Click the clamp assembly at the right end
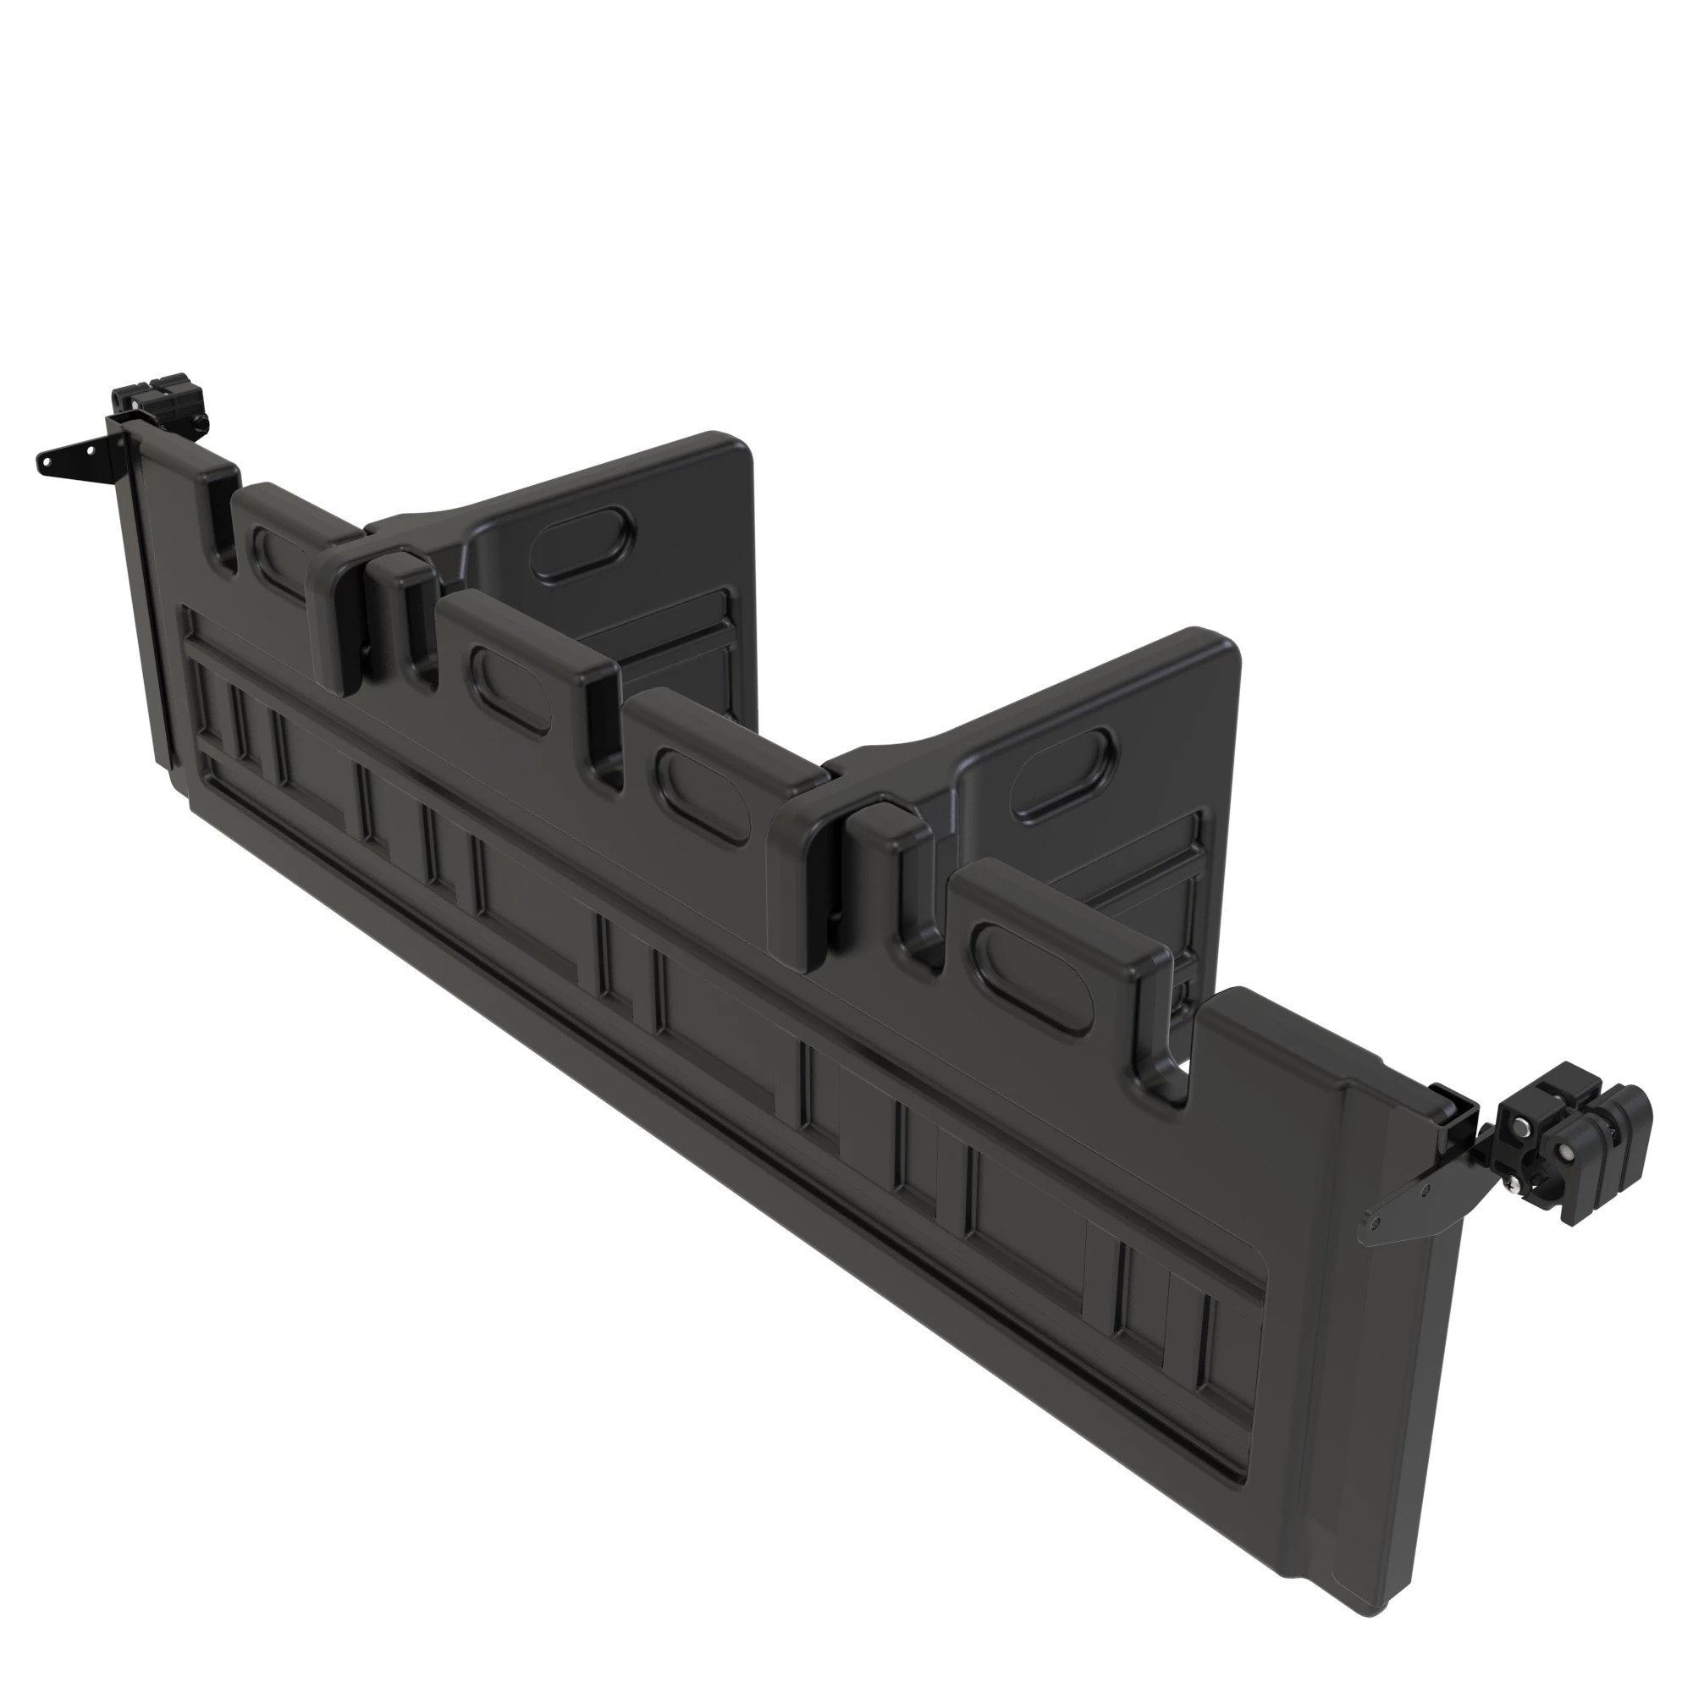click(x=1573, y=1139)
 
